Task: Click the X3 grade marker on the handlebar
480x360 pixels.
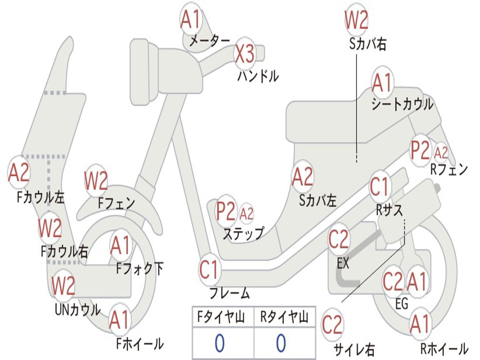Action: coord(245,53)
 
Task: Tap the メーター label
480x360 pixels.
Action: coord(210,40)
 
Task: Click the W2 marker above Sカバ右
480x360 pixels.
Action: coord(356,20)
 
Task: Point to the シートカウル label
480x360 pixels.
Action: coord(403,105)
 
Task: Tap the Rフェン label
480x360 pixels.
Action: coord(449,170)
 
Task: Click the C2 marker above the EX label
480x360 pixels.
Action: coord(338,239)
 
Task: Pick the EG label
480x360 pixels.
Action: coord(402,304)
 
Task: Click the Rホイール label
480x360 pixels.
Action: coord(444,349)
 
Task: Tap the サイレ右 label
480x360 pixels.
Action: coord(354,349)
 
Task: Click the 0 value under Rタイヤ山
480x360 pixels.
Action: coord(281,343)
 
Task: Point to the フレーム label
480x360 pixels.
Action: coord(230,293)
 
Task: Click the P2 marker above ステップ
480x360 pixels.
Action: coord(226,211)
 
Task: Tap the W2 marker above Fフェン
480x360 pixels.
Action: coord(96,180)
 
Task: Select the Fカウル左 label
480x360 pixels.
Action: coord(41,197)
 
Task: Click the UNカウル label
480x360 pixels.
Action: coord(78,310)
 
